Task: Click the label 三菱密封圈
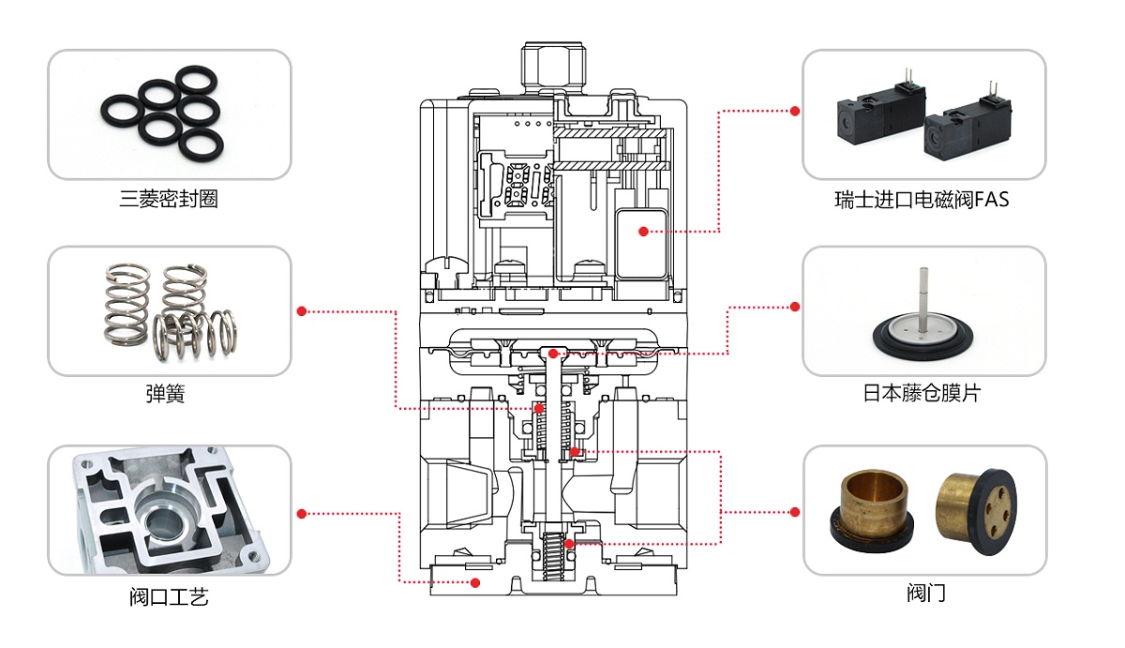tap(169, 200)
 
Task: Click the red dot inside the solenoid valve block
tap(642, 231)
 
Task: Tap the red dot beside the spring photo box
tap(301, 310)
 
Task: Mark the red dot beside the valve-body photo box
tap(301, 513)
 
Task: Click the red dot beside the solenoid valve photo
tap(795, 111)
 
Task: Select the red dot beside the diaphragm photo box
tap(795, 307)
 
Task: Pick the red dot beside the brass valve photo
tap(795, 512)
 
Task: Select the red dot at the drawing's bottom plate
tap(475, 582)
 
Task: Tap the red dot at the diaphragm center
tap(554, 354)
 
